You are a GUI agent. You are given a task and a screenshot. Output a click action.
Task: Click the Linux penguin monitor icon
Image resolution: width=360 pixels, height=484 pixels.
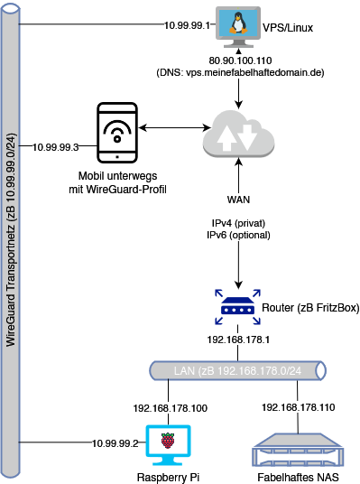point(238,27)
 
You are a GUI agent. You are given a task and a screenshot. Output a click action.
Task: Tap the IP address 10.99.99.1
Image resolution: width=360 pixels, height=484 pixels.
point(187,25)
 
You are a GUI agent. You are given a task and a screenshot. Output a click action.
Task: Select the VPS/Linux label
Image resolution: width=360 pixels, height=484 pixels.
point(288,28)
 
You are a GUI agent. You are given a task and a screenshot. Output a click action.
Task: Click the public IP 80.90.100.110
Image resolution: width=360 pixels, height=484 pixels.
point(240,60)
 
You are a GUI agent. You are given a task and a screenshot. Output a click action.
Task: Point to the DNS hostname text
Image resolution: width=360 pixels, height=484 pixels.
point(240,73)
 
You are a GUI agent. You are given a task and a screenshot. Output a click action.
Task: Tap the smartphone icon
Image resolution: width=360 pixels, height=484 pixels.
point(117,133)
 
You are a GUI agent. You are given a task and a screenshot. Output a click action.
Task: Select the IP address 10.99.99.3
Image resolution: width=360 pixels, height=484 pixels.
point(56,147)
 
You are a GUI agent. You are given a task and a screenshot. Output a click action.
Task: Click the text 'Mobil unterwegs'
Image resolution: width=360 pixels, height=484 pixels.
point(117,176)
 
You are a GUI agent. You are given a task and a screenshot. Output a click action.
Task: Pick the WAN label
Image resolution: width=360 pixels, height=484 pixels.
point(238,200)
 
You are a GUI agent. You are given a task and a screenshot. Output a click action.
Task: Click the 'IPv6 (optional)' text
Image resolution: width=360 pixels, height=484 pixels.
point(238,235)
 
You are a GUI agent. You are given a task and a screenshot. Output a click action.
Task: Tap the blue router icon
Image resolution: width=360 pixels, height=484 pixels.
point(238,307)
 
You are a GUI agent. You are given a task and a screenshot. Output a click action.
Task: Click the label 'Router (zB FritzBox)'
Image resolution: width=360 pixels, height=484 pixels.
point(310,308)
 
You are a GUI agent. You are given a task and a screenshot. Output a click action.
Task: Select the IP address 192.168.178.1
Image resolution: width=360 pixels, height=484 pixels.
point(238,340)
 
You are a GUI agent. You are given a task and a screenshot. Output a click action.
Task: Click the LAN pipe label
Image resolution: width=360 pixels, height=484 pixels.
point(237,371)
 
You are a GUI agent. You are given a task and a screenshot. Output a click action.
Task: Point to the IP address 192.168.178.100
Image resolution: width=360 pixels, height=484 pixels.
point(171,408)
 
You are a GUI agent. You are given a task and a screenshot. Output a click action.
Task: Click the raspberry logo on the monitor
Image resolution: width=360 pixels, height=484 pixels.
point(168,440)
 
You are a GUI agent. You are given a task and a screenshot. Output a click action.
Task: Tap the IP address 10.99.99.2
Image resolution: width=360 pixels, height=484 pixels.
point(115,443)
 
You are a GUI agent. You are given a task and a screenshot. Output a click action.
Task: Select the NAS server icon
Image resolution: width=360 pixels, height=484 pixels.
point(298,450)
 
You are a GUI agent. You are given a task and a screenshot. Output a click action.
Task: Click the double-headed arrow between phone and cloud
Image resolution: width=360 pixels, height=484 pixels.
point(175,127)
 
